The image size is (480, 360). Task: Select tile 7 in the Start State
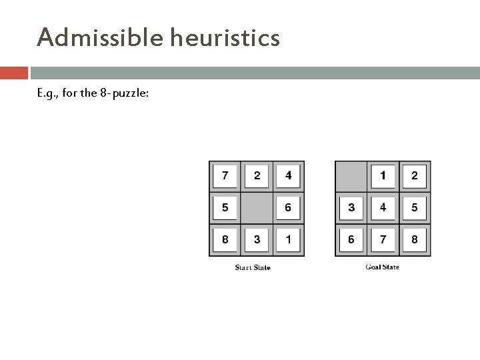point(225,177)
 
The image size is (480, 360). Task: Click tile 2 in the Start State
point(257,177)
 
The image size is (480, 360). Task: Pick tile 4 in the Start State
point(288,177)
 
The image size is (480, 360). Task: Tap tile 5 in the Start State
point(225,208)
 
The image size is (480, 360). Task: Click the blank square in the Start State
point(257,208)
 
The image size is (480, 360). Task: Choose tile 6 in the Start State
point(288,208)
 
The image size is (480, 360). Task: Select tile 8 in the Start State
point(225,239)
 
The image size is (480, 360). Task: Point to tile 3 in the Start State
point(257,239)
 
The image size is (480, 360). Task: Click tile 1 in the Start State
point(288,239)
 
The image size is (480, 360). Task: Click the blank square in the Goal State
point(351,177)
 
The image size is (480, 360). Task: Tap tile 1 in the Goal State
point(383,177)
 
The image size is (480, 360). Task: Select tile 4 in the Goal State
point(383,208)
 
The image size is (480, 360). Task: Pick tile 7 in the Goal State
point(383,239)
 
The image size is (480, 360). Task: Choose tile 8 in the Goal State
point(414,239)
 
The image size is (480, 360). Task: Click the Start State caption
point(253,268)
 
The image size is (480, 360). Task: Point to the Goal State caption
point(382,267)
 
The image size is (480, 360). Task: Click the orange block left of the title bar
point(13,72)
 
